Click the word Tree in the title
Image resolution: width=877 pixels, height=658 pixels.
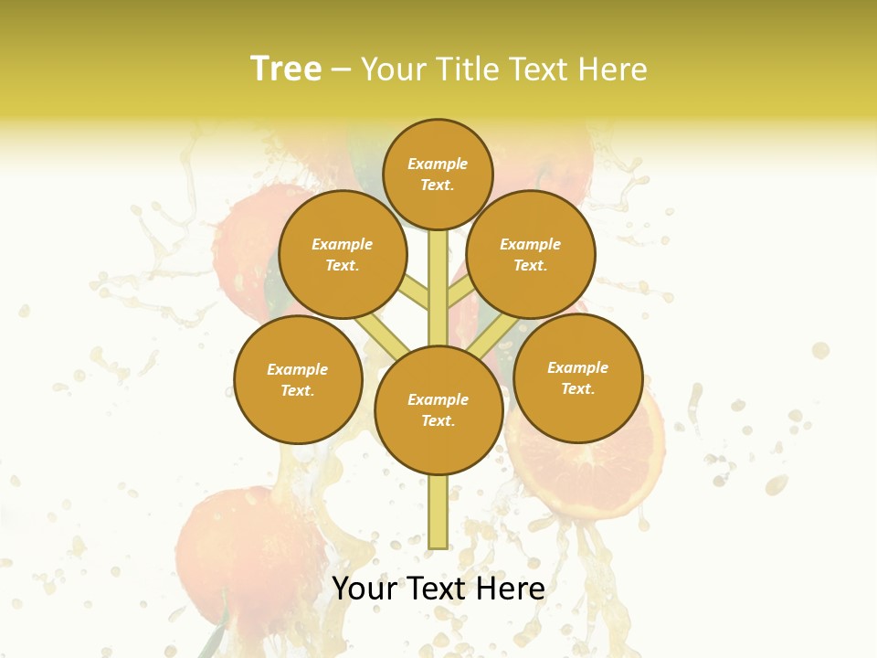coord(286,69)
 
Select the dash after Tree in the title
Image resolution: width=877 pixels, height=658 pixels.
coord(341,70)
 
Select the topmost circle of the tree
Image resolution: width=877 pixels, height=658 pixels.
coord(438,174)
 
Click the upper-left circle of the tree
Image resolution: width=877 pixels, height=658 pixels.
coord(342,255)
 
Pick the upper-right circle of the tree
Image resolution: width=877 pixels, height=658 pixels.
coord(531,255)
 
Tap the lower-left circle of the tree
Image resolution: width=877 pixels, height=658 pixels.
coord(298,379)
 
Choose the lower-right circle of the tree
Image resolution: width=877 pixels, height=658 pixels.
coord(577,377)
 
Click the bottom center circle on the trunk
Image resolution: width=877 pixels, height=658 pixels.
coord(438,410)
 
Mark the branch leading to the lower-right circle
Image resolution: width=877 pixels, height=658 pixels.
coord(494,338)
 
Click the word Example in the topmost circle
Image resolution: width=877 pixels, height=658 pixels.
coord(438,164)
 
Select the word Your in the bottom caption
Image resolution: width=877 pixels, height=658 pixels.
coord(365,589)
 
